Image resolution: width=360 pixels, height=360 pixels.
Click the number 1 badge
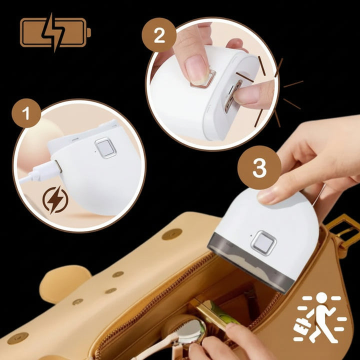point(26,113)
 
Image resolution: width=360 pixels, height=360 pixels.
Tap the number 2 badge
point(159,35)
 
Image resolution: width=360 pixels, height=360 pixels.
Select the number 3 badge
point(259,167)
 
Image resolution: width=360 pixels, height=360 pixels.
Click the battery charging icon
point(55,32)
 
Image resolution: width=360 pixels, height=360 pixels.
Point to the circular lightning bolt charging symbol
point(55,199)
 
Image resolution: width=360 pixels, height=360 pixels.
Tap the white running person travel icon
point(320,317)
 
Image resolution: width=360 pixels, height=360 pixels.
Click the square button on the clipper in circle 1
point(105,148)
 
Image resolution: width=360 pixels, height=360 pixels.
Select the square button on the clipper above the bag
point(263,243)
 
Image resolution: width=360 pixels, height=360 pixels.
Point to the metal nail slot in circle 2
point(233,96)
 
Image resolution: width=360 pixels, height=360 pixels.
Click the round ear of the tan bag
point(65,284)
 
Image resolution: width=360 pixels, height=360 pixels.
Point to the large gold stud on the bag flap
point(172,234)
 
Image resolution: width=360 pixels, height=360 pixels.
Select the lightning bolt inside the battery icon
point(53,32)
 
